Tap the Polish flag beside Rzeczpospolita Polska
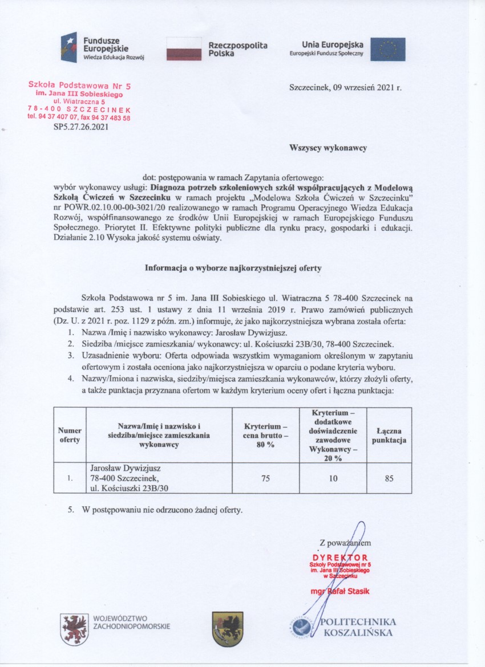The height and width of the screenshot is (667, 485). (184, 49)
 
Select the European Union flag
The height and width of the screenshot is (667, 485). (387, 49)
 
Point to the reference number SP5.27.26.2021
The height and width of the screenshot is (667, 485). (80, 127)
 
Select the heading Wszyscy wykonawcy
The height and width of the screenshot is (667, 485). (328, 148)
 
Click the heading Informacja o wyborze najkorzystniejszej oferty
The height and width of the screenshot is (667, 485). (242, 267)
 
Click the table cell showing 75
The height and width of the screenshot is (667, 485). (265, 479)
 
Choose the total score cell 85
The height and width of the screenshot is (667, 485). (389, 479)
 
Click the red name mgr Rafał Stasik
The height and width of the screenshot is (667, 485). (340, 591)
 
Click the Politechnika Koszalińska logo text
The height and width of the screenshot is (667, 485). (359, 627)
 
